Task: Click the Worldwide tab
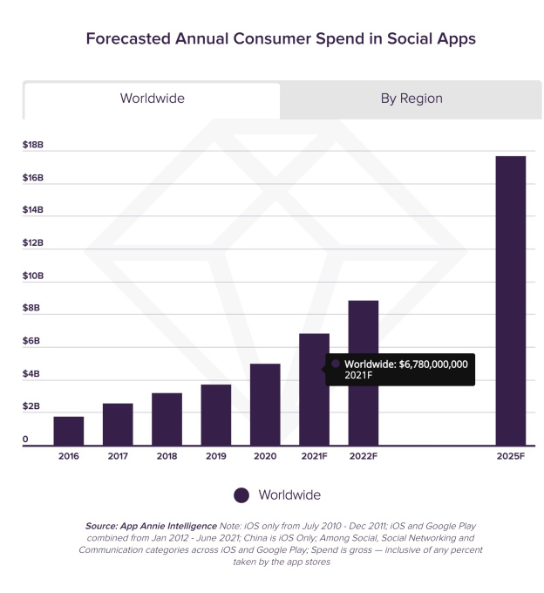click(x=152, y=99)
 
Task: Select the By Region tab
click(x=411, y=99)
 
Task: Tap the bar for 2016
click(x=69, y=431)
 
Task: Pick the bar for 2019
click(x=216, y=415)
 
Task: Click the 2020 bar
click(x=265, y=405)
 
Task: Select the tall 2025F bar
click(x=511, y=301)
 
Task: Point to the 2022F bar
click(x=364, y=373)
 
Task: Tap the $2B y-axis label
click(x=31, y=406)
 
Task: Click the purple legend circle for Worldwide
click(x=242, y=495)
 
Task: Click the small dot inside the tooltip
click(x=336, y=364)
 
